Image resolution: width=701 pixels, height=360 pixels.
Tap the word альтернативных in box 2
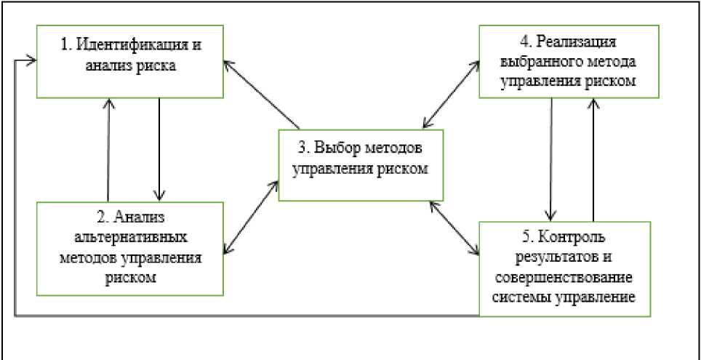click(x=130, y=239)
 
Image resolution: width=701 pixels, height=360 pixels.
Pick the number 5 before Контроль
click(x=529, y=239)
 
